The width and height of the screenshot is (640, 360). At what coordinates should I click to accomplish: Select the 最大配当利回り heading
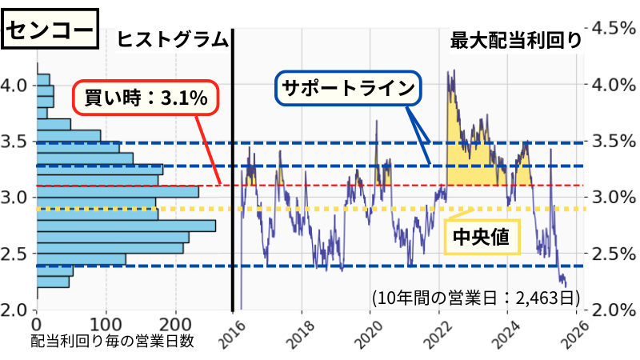pyautogui.click(x=516, y=40)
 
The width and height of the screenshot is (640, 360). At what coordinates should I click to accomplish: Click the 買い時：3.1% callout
pyautogui.click(x=146, y=98)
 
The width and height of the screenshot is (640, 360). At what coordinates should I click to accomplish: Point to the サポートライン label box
pyautogui.click(x=349, y=89)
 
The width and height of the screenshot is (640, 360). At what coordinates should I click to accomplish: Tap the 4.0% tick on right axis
pyautogui.click(x=610, y=85)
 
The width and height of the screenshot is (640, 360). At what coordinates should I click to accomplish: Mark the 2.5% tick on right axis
pyautogui.click(x=610, y=254)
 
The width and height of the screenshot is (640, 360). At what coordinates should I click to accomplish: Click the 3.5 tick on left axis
pyautogui.click(x=16, y=142)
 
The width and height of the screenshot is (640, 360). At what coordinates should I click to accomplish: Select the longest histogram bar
pyautogui.click(x=126, y=226)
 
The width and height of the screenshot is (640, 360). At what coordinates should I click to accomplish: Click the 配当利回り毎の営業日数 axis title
pyautogui.click(x=114, y=342)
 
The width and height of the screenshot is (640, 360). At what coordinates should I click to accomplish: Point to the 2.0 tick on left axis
pyautogui.click(x=16, y=310)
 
